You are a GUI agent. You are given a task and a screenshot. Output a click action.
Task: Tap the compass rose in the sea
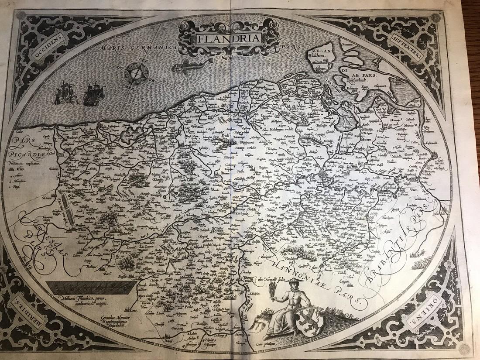139,74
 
